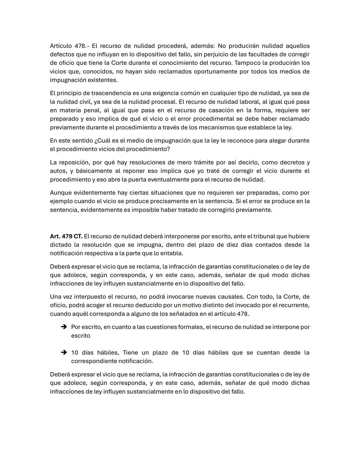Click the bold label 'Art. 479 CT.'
click(x=66, y=236)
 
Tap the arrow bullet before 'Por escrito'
click(x=64, y=327)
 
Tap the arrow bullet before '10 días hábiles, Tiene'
click(x=64, y=352)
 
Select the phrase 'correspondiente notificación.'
click(x=112, y=361)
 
